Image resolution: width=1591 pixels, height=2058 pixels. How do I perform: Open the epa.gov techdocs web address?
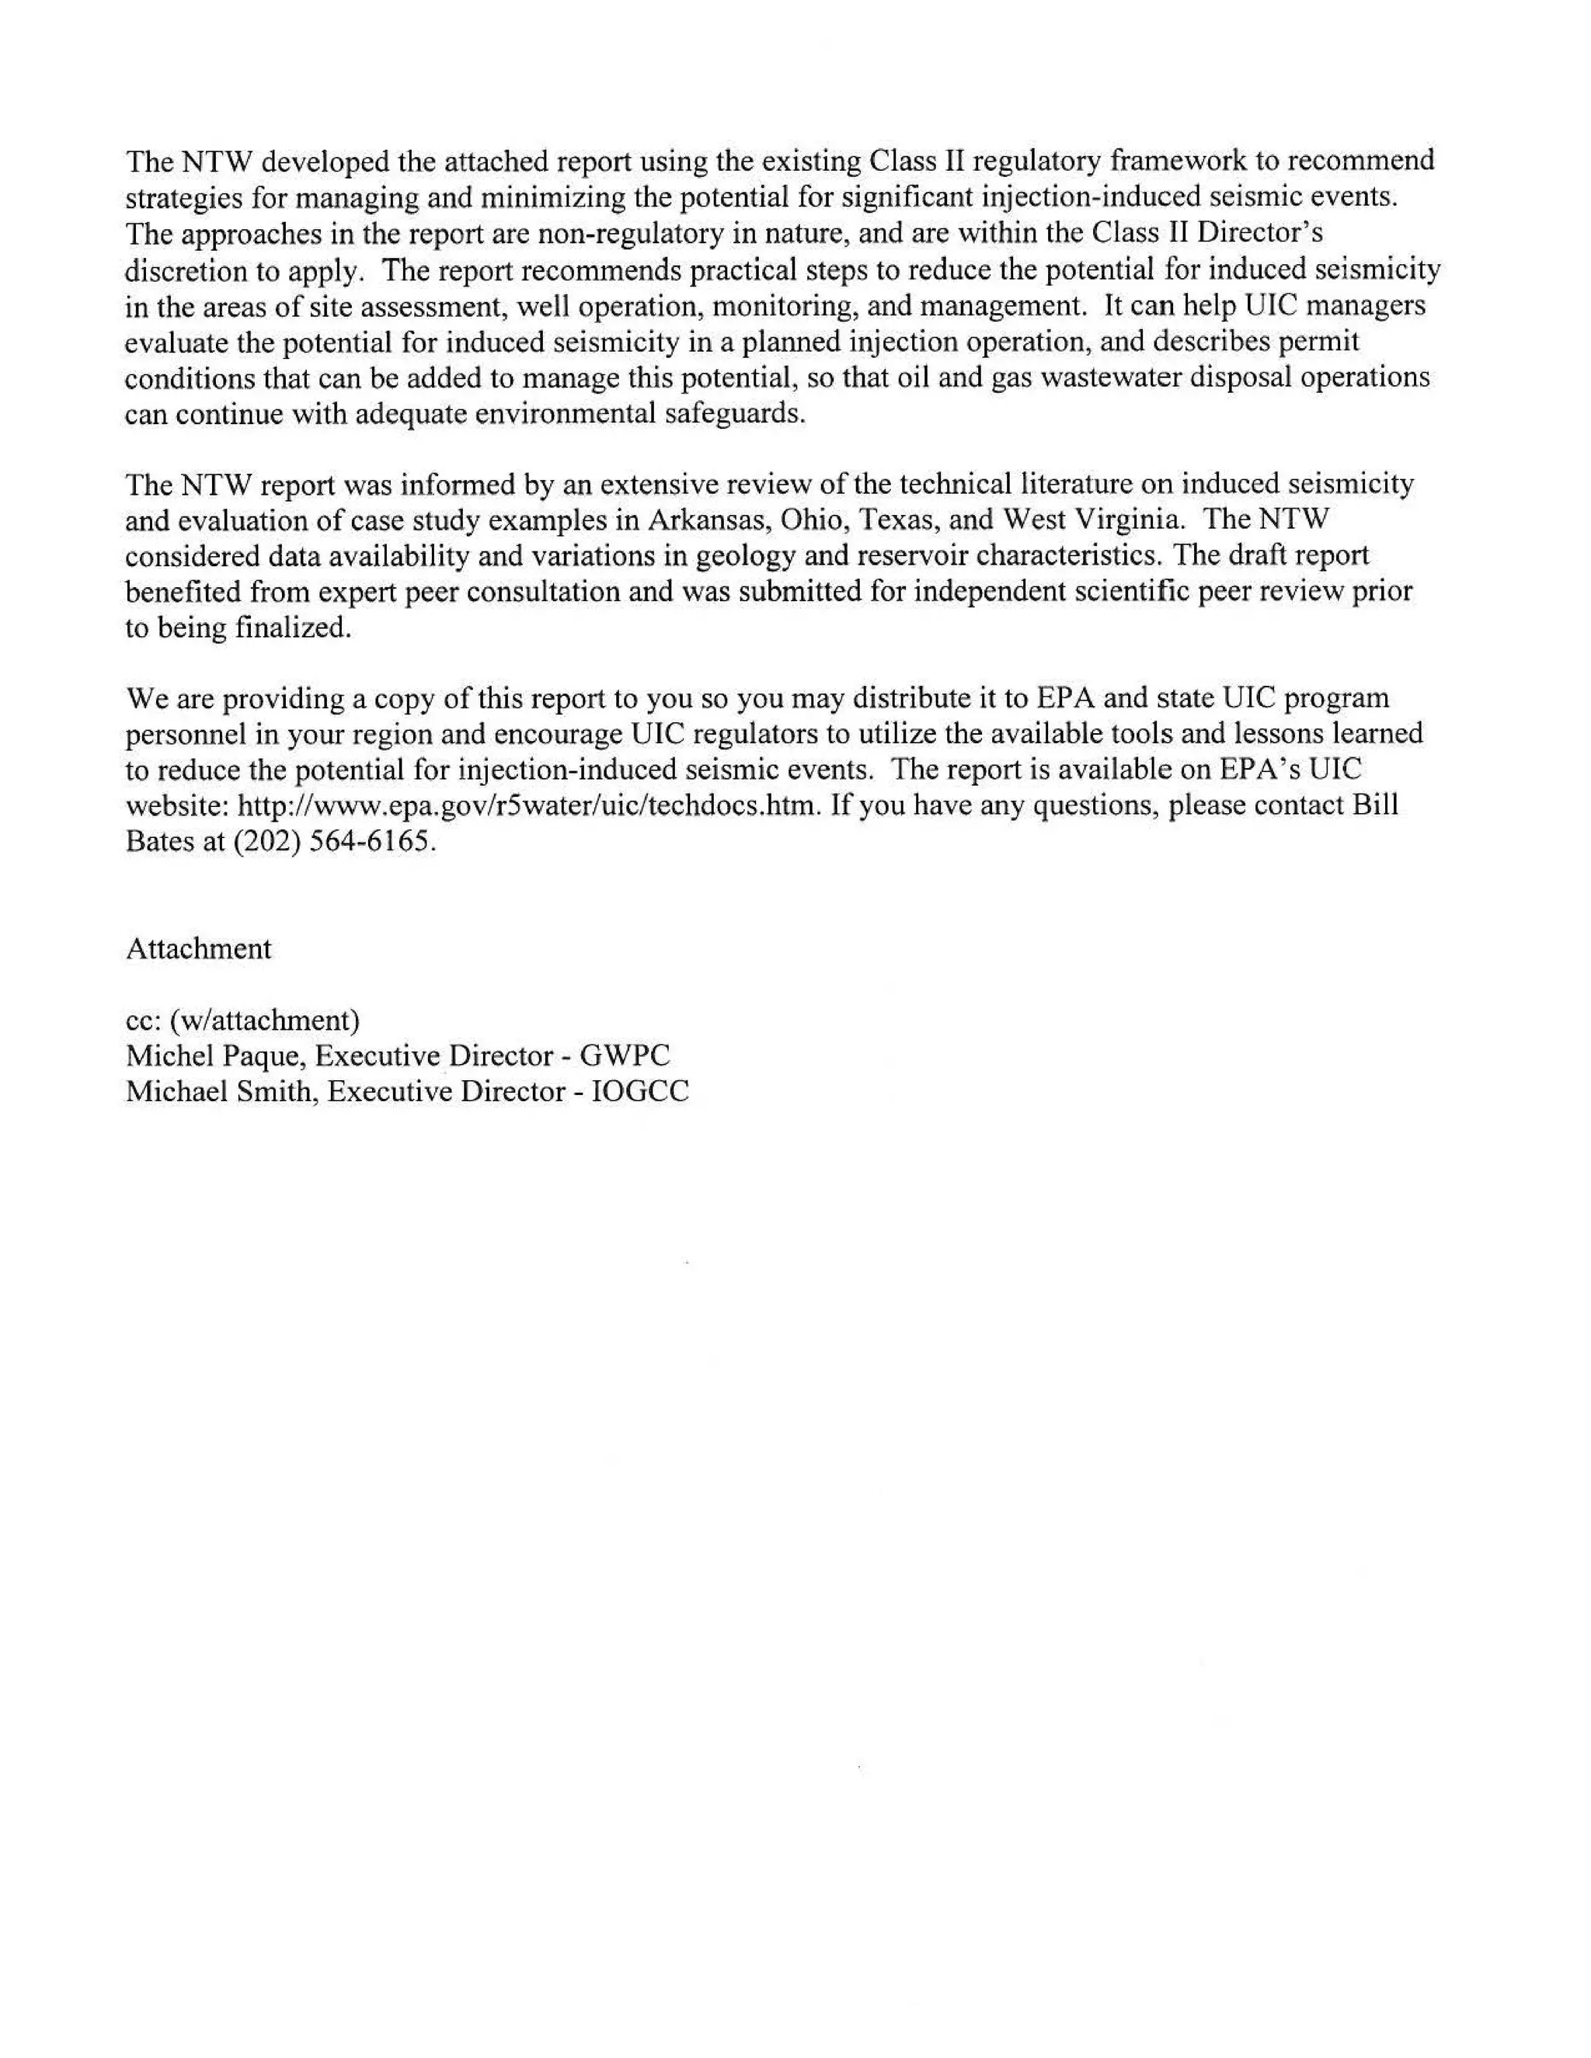point(527,807)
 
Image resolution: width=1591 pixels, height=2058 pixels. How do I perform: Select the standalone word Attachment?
point(198,949)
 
